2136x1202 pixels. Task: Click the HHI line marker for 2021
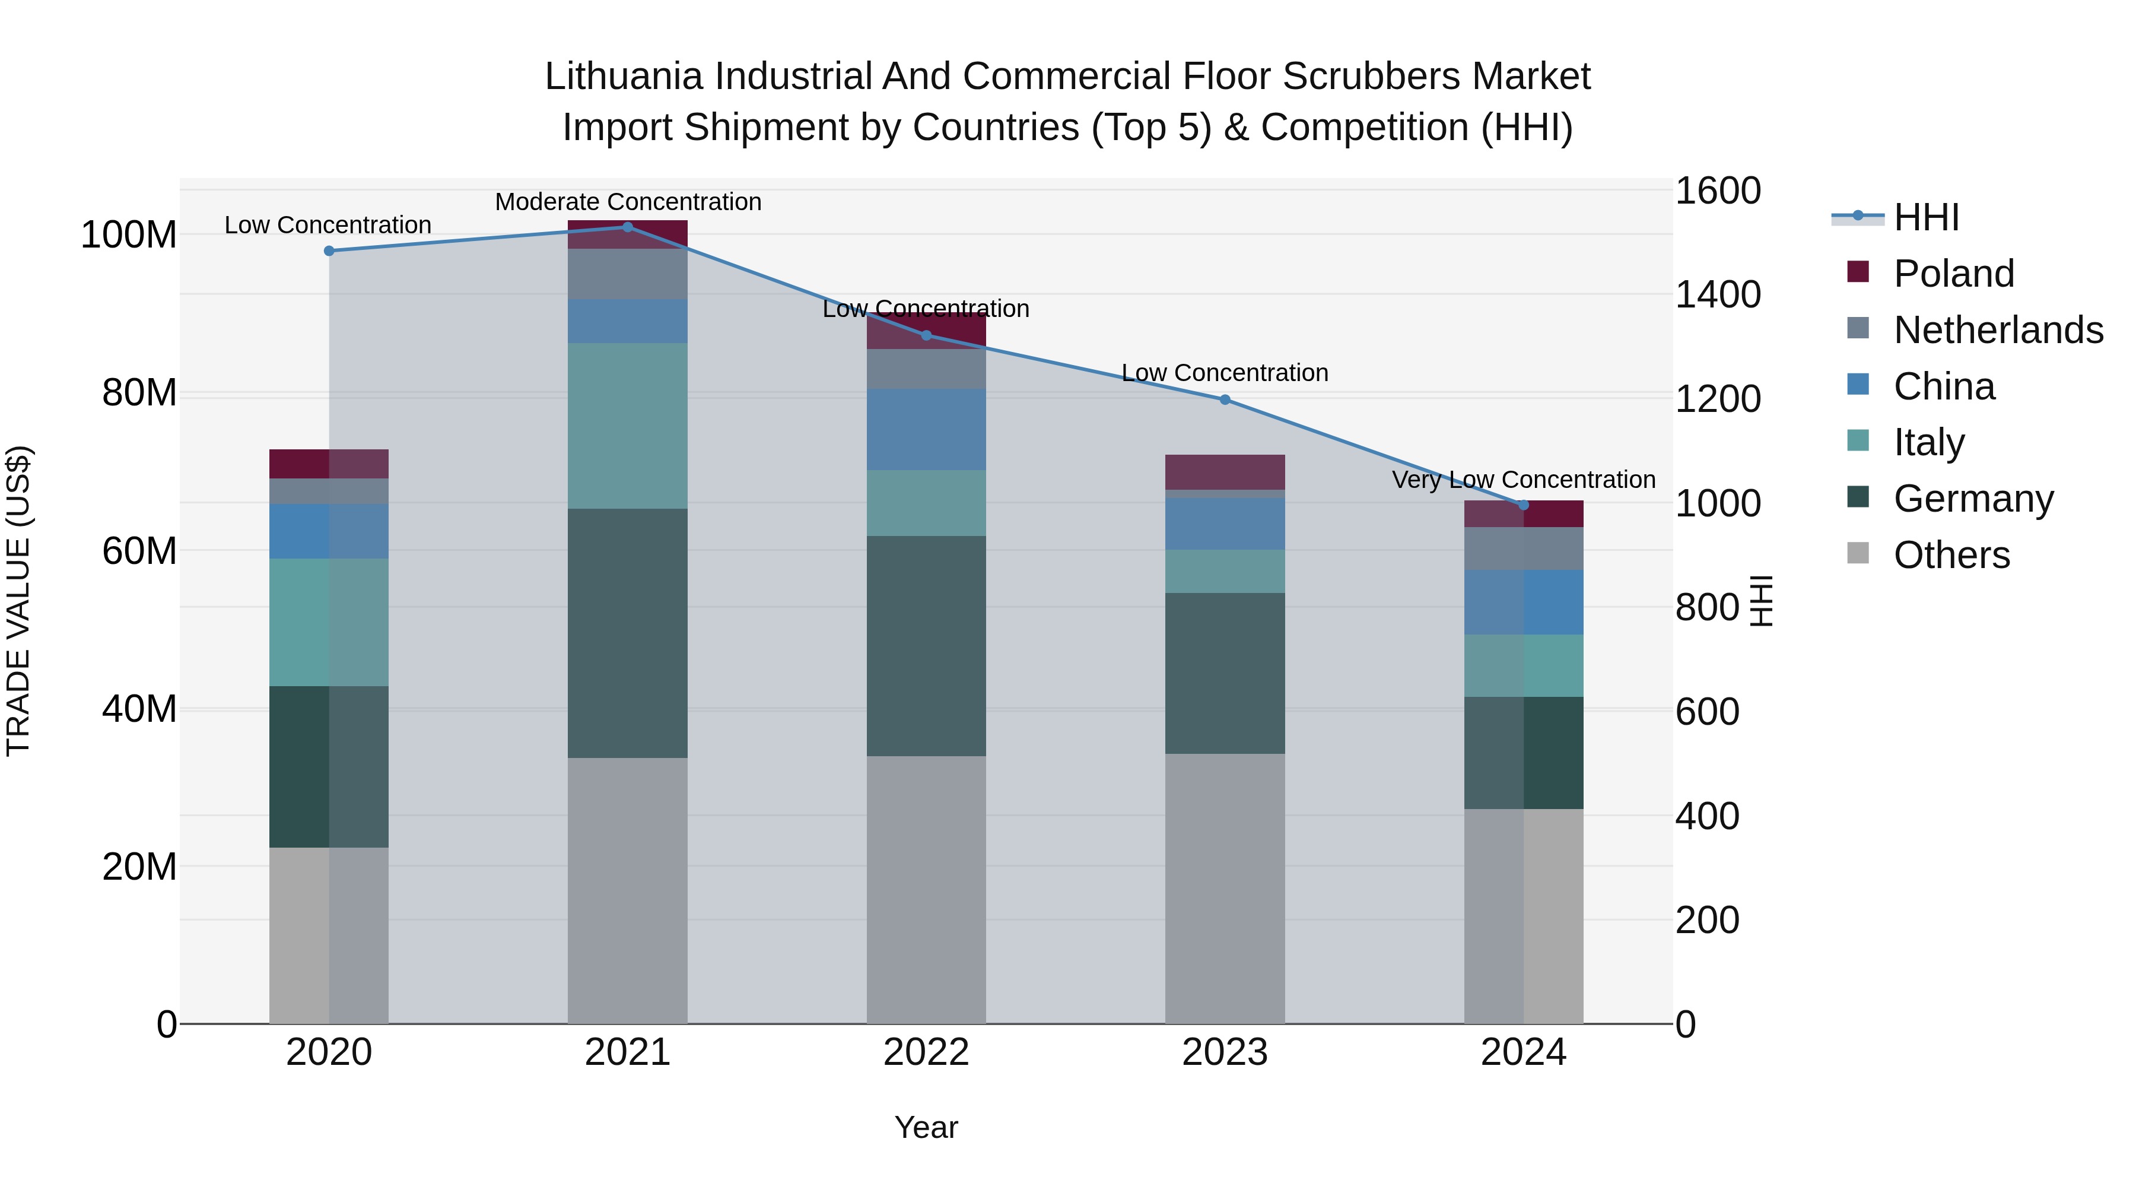pos(628,227)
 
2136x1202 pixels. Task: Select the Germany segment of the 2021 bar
pos(628,633)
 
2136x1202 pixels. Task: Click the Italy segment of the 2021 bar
pos(628,426)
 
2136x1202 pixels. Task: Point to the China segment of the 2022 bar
pos(926,430)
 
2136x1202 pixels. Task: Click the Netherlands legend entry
pos(1998,330)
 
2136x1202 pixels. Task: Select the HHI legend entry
pos(1925,217)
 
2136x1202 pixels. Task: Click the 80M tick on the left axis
pos(139,392)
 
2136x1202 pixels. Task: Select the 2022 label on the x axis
pos(926,1052)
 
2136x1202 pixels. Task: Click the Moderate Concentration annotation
pos(628,202)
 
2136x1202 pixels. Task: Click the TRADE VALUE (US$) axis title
pos(18,601)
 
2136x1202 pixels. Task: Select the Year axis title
pos(926,1127)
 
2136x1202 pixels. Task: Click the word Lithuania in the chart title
pos(624,77)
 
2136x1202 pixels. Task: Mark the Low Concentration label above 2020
pos(328,225)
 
